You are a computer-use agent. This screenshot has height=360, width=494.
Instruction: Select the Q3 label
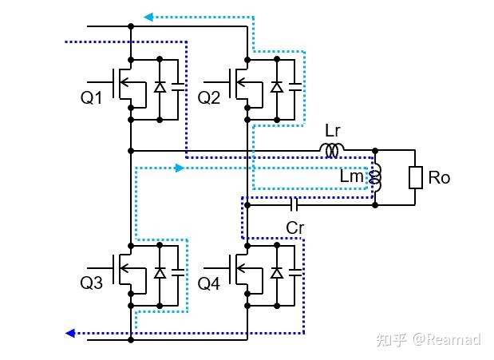tap(92, 283)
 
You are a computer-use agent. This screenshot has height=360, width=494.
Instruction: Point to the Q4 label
tap(209, 283)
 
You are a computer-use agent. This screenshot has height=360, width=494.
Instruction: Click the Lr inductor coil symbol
tap(332, 149)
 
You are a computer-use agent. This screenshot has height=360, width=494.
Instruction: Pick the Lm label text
tap(351, 177)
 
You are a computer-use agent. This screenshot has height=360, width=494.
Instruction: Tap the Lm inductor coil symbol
tap(377, 178)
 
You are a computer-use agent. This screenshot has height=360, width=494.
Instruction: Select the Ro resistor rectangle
tap(415, 177)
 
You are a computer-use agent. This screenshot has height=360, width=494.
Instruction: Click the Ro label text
tap(440, 177)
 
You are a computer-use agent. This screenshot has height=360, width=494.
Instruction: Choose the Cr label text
tap(295, 227)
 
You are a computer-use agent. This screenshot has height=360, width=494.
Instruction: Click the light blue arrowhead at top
tap(148, 16)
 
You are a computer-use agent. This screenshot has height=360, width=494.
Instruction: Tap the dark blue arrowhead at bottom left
tap(71, 333)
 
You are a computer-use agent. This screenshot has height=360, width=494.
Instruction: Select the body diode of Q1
tap(159, 87)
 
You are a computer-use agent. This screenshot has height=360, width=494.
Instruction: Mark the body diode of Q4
tap(276, 273)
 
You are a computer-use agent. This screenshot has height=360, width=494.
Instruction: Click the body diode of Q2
tap(276, 87)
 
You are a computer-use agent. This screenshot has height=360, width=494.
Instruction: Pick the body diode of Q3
tap(159, 273)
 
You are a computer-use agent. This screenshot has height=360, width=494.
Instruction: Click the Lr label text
tap(334, 129)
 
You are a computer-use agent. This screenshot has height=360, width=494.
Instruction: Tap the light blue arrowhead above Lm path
tap(178, 168)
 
